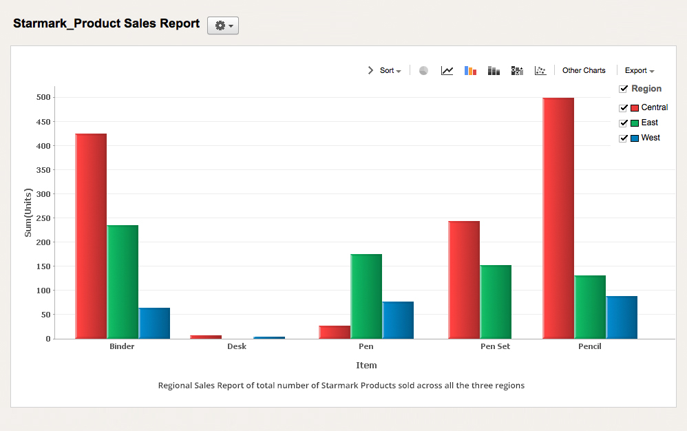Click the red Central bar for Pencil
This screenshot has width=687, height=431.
coord(558,218)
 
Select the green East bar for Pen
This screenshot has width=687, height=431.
coord(366,296)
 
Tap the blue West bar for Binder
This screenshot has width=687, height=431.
coord(154,323)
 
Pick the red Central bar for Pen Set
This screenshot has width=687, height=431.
coord(463,280)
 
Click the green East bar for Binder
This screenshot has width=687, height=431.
coord(123,282)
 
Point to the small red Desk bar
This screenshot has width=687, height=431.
coord(206,337)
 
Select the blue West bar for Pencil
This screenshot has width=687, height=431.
coord(622,317)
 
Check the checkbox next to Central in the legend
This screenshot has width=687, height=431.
coord(624,107)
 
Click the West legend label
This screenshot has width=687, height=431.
coord(650,138)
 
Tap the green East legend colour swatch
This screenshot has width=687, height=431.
coord(635,123)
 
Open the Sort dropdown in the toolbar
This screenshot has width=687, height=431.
coord(390,70)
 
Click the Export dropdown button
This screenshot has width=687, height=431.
coord(639,70)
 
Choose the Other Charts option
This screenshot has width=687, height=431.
coord(584,70)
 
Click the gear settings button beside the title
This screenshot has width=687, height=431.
coord(223,25)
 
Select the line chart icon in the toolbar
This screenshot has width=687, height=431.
coord(447,70)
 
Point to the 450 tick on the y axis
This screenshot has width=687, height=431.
coord(44,122)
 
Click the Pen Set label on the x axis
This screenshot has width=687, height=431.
coord(495,346)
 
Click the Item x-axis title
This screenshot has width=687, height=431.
coord(366,365)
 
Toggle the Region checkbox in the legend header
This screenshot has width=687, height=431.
coord(624,89)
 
